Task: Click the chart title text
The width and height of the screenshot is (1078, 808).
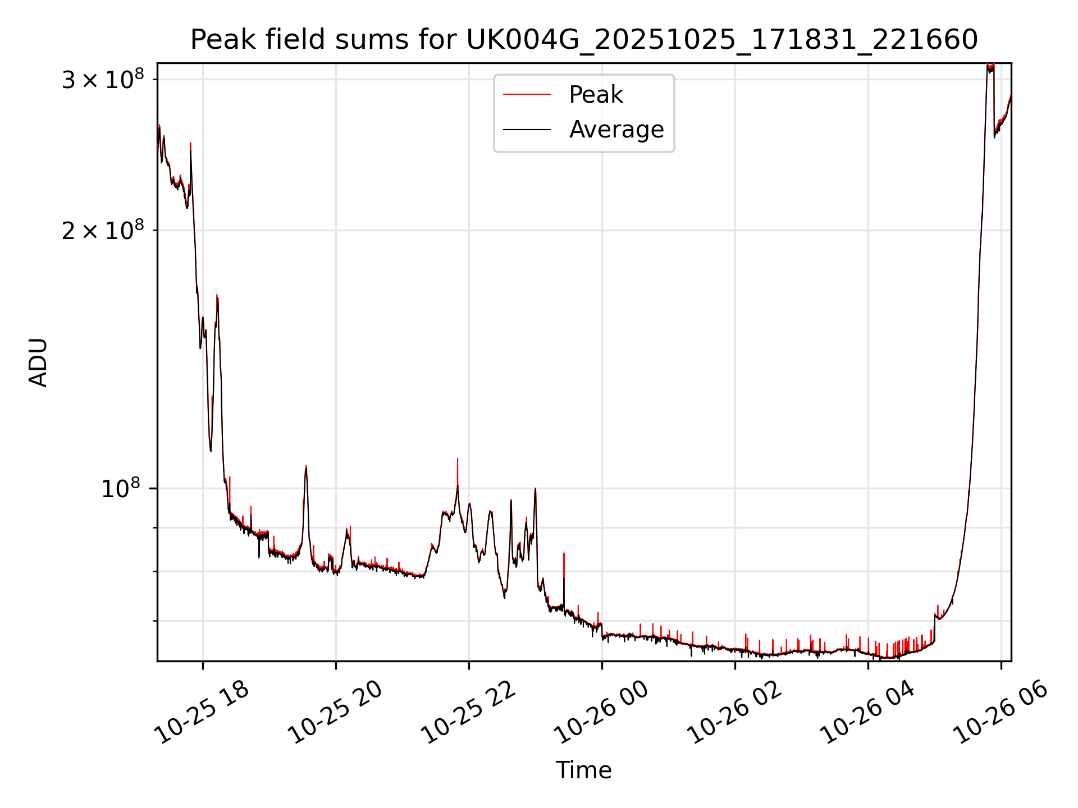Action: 584,40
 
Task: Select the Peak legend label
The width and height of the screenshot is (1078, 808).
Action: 596,95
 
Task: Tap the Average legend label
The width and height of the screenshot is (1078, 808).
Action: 616,130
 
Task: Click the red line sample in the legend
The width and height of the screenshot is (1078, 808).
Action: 527,95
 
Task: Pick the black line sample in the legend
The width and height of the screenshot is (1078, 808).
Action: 527,130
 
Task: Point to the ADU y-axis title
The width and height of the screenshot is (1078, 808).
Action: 38,362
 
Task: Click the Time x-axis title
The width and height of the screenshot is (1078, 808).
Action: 583,770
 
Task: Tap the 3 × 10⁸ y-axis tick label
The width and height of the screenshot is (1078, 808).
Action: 102,80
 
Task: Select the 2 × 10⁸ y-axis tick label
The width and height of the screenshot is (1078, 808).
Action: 102,231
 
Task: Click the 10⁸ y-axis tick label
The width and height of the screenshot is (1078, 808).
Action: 120,489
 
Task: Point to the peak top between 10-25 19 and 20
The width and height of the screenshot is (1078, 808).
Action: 306,467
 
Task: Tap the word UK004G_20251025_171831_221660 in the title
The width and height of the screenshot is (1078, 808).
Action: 722,40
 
